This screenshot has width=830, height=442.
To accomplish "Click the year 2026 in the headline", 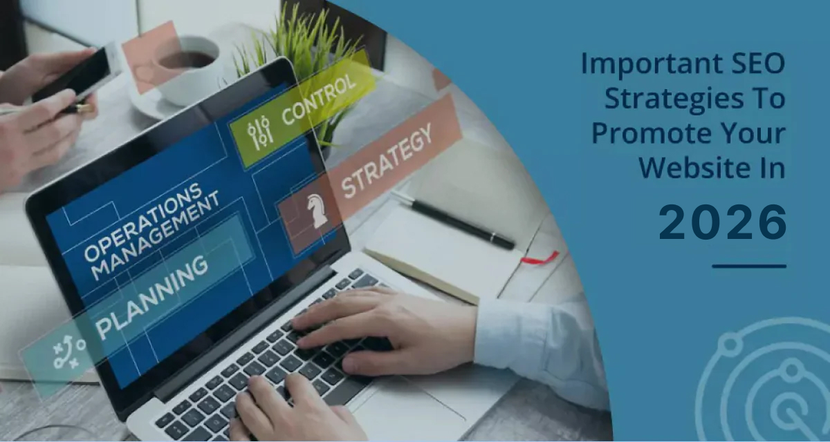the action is [x=723, y=222].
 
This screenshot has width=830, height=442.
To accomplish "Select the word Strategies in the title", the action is [x=674, y=100].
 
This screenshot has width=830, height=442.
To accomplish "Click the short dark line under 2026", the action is [x=749, y=266].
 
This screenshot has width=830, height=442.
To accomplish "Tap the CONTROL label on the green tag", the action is [x=318, y=98].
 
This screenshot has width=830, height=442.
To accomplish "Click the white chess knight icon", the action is [x=317, y=211].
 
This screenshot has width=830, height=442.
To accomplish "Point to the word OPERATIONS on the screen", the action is [x=143, y=221].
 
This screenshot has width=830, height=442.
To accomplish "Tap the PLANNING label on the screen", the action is [x=152, y=297].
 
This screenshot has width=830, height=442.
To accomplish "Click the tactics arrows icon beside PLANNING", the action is [x=69, y=352].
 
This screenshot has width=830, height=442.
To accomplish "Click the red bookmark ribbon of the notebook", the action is [x=540, y=257].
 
